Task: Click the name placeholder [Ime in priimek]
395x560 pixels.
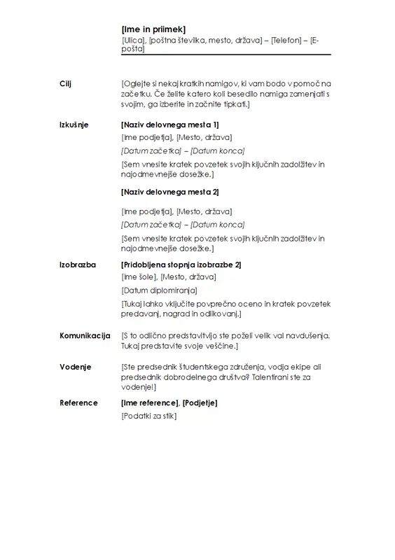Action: pyautogui.click(x=153, y=29)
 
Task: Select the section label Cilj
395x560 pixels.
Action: pyautogui.click(x=66, y=84)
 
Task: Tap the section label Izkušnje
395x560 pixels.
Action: pyautogui.click(x=74, y=124)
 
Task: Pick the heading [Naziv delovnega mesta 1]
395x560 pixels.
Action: pyautogui.click(x=170, y=124)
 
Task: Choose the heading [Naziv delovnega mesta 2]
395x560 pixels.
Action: pyautogui.click(x=170, y=192)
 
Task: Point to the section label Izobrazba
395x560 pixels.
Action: pyautogui.click(x=78, y=265)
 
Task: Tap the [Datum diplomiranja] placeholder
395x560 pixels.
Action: pyautogui.click(x=159, y=290)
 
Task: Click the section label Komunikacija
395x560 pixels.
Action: pyautogui.click(x=85, y=336)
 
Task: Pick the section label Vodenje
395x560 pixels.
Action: pyautogui.click(x=75, y=367)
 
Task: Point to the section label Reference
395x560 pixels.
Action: pyautogui.click(x=78, y=402)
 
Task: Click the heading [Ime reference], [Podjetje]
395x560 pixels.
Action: pyautogui.click(x=169, y=402)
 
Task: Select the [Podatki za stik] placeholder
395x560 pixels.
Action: pyautogui.click(x=149, y=416)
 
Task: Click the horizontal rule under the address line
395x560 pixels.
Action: pyautogui.click(x=226, y=54)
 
